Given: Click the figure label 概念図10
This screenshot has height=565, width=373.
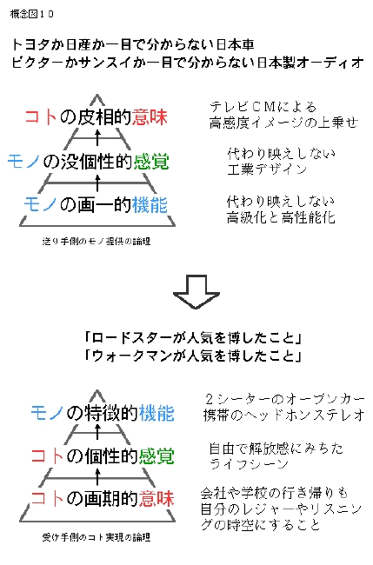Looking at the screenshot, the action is (31, 14).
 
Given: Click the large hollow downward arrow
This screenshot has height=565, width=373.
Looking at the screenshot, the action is (196, 292).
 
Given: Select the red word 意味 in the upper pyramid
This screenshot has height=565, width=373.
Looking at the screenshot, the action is (150, 117).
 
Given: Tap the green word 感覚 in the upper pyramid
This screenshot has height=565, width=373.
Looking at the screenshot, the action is (151, 161).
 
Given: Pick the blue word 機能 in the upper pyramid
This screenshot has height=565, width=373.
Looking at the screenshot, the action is (150, 205).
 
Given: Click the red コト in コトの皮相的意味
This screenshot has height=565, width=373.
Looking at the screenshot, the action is (41, 117).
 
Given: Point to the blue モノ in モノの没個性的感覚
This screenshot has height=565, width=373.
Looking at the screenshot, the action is (23, 161).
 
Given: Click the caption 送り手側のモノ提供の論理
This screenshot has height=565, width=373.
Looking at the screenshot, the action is (97, 241).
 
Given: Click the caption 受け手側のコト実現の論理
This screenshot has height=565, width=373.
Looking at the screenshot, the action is (97, 537).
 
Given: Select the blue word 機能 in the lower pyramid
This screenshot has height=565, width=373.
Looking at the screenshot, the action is (157, 413).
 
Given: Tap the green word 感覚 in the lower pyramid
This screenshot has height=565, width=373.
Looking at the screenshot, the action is (157, 456).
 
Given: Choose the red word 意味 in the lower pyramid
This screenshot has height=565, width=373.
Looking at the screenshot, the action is (157, 499).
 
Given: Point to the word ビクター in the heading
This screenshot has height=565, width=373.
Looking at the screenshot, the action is (38, 63).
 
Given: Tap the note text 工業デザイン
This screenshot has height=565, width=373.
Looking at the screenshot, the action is (267, 169).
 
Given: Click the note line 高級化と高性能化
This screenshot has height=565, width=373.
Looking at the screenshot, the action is (281, 217).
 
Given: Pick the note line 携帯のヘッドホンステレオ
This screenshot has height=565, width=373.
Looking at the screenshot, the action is (284, 415).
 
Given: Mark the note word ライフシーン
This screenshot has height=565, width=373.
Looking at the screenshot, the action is (249, 464).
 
